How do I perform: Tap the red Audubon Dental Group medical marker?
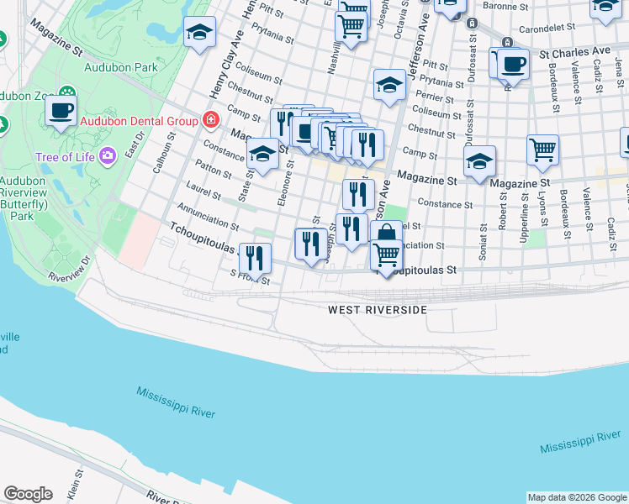pos(208,120)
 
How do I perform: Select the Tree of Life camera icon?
pos(107,155)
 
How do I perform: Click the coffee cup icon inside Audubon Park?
pos(61,109)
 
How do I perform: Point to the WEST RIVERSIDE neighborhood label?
pos(377,310)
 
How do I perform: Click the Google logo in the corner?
pos(28,494)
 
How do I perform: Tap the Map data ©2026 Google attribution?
pos(576,497)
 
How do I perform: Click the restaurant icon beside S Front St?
pos(254,258)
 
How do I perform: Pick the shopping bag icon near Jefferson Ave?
pos(386,234)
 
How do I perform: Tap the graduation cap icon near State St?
pos(262,155)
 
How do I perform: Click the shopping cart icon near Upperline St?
pos(543,150)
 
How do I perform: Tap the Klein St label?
pos(74,486)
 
